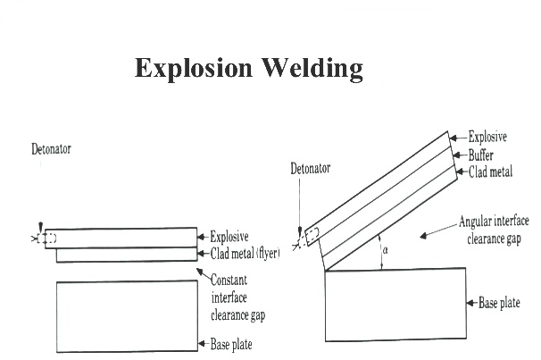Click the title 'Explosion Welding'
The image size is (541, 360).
[249, 69]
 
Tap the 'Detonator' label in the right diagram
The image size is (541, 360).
[311, 168]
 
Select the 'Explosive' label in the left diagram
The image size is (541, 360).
[230, 237]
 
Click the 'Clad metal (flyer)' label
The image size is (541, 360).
[245, 253]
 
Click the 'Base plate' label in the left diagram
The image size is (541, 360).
[234, 343]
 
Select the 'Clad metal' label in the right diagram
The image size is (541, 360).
[490, 171]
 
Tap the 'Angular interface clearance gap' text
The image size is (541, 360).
[493, 228]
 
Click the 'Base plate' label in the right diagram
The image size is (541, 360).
[499, 303]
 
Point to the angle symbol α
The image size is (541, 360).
[385, 251]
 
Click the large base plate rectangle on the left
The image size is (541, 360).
[126, 315]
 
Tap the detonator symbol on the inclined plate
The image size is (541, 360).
[313, 238]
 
